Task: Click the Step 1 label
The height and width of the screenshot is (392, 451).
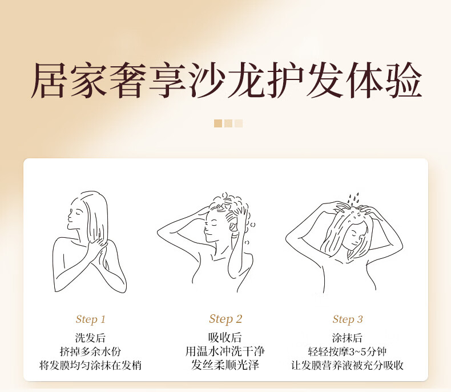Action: click(91, 319)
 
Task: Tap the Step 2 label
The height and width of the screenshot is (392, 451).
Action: click(226, 319)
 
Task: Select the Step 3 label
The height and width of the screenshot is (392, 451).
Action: click(348, 319)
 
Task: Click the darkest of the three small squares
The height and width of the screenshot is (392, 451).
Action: click(218, 123)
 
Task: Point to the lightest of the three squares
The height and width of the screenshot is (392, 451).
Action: click(239, 123)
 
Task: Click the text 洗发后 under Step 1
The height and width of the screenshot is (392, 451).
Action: click(90, 338)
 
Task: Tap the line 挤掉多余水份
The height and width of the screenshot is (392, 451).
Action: click(90, 351)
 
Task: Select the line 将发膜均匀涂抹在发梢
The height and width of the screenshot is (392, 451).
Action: click(90, 365)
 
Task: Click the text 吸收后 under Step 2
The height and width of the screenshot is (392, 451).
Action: click(225, 338)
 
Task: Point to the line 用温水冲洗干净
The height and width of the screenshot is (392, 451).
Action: click(225, 351)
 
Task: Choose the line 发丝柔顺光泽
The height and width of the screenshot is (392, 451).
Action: click(225, 365)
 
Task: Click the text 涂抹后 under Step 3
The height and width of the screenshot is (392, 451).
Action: click(347, 338)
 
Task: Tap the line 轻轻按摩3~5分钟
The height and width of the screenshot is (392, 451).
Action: click(347, 351)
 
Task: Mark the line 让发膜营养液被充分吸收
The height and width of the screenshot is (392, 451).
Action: click(347, 365)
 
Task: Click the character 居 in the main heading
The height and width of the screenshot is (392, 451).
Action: click(48, 80)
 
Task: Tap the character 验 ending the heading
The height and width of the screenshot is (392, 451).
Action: click(404, 80)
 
